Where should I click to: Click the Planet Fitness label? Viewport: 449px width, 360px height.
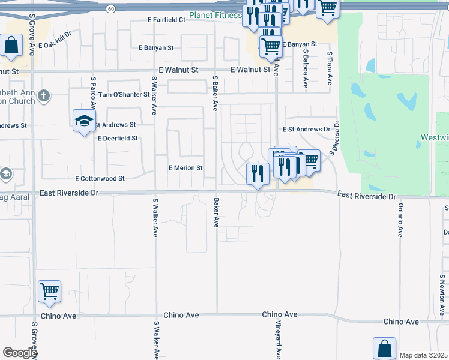tap(214, 15)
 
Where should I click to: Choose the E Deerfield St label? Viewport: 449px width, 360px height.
tap(118, 138)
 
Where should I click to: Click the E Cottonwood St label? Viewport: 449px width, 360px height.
tap(100, 179)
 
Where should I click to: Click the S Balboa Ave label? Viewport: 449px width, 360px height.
tap(306, 68)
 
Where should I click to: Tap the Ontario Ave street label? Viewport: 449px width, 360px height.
tap(400, 221)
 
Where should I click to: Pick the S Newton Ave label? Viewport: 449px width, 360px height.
tap(441, 294)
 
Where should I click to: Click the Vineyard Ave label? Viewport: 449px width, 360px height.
tap(279, 340)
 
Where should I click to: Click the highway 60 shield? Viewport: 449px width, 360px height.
tap(111, 9)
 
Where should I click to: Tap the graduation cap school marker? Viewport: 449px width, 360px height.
tap(85, 121)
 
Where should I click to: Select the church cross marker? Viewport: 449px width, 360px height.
tap(43, 95)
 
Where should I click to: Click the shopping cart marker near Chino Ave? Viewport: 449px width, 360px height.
tap(50, 292)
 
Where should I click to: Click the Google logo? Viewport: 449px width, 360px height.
tap(20, 353)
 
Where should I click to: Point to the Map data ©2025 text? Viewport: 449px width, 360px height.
tap(423, 355)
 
